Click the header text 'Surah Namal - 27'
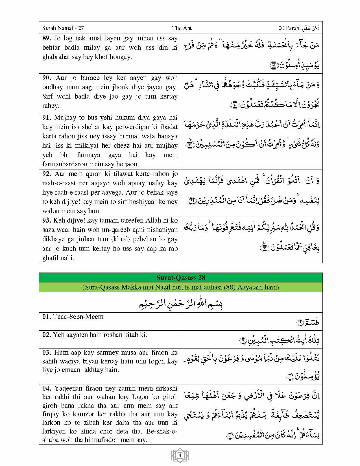coord(63,28)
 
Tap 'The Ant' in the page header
coord(182,28)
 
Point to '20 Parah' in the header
coord(289,28)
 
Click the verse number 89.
coord(47,38)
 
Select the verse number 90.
coord(47,78)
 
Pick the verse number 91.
coord(47,117)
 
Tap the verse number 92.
coord(47,174)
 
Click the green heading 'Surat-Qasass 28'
coord(181,278)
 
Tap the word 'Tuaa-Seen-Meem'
coord(78,317)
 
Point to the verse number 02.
coord(47,335)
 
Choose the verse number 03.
coord(47,352)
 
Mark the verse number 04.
coord(47,388)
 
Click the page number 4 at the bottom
coord(180,455)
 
